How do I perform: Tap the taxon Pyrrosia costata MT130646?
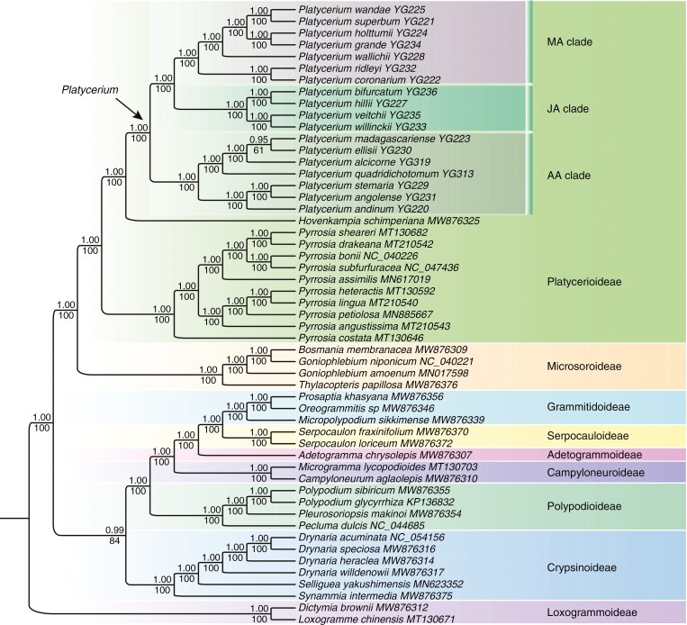pyautogui.click(x=352, y=336)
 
